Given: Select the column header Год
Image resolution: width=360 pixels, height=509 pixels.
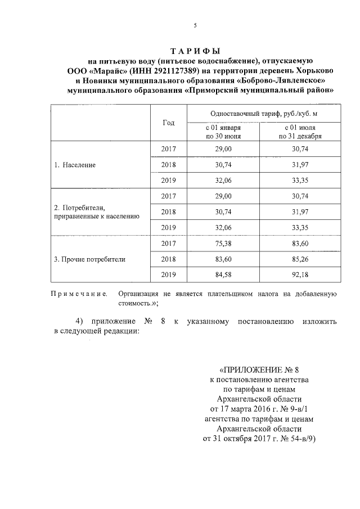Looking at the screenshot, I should point(168,123).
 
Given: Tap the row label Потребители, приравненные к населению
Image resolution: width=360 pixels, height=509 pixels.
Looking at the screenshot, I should point(93,211).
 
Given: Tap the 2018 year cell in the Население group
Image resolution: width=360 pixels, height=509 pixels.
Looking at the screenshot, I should point(168,165).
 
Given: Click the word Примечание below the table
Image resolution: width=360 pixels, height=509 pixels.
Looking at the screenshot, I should point(79,294).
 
